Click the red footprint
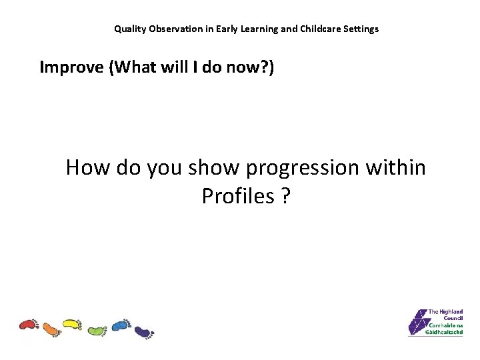point(29,325)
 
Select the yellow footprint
point(72,325)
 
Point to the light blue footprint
point(121,325)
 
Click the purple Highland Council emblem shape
point(418,323)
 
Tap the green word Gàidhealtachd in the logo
point(445,331)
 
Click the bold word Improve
point(69,67)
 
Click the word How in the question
point(88,167)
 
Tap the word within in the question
point(397,167)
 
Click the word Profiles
point(238,196)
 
